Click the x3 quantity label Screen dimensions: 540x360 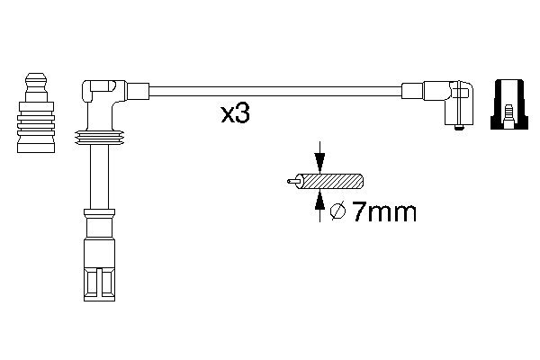[235, 114]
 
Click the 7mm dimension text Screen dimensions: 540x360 [384, 211]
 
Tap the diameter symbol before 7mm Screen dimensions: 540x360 [337, 211]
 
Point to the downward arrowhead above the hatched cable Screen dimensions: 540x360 [319, 162]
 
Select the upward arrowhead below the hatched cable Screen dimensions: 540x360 [319, 200]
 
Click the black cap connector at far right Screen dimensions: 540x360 [509, 104]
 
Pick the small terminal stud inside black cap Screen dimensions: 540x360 [508, 116]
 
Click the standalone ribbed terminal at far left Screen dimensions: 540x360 [36, 112]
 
